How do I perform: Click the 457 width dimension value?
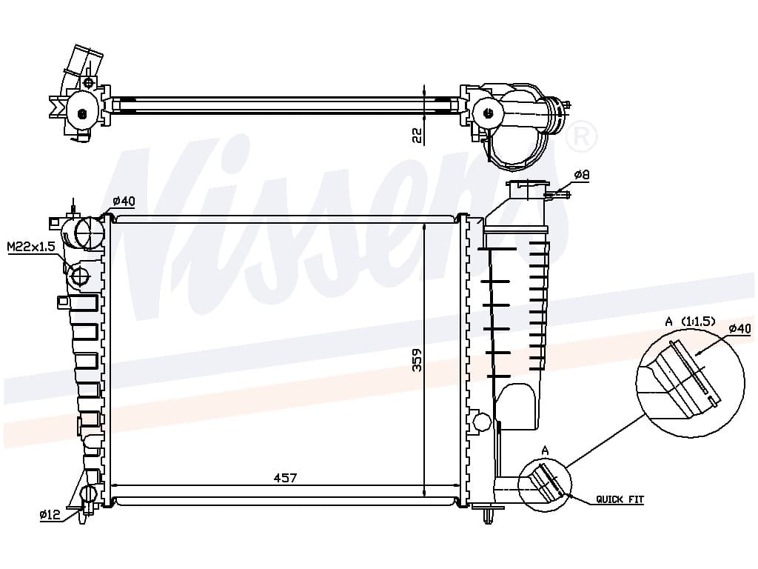coord(285,478)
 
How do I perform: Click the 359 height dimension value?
coord(417,360)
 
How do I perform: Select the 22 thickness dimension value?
coord(417,136)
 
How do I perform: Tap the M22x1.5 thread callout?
coord(31,247)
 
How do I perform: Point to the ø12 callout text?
coord(50,514)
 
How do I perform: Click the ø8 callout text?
coord(582,174)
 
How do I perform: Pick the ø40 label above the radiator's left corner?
coord(124,201)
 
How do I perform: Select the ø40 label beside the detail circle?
coord(740,329)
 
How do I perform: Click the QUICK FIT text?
coord(620,499)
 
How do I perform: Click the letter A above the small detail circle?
coord(546,451)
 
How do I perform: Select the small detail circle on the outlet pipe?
coord(544,485)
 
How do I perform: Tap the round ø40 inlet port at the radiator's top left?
coord(90,233)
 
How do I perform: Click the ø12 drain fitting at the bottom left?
coord(89,499)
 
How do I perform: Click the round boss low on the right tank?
coord(481,422)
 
